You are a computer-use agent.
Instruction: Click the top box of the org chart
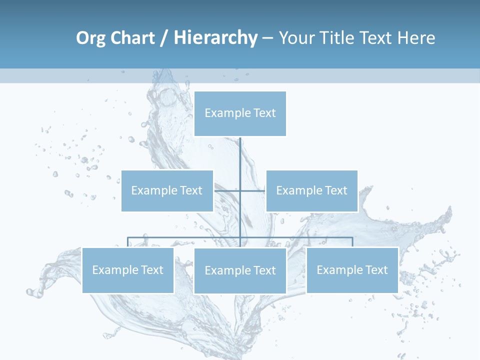(x=240, y=113)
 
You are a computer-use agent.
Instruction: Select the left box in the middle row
(x=167, y=190)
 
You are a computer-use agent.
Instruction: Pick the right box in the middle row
(x=311, y=190)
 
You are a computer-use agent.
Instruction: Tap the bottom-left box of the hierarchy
(x=128, y=270)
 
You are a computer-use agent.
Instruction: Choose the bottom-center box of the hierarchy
(x=240, y=270)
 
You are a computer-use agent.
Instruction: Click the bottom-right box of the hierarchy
(x=352, y=270)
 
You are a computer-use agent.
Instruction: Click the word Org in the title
(x=90, y=38)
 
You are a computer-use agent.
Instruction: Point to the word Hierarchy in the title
(x=215, y=38)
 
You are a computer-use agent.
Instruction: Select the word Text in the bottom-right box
(x=376, y=270)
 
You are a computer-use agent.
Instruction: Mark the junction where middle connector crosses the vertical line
(x=240, y=190)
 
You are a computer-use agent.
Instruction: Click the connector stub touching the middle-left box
(x=220, y=190)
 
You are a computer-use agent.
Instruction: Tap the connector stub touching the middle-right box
(x=260, y=190)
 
